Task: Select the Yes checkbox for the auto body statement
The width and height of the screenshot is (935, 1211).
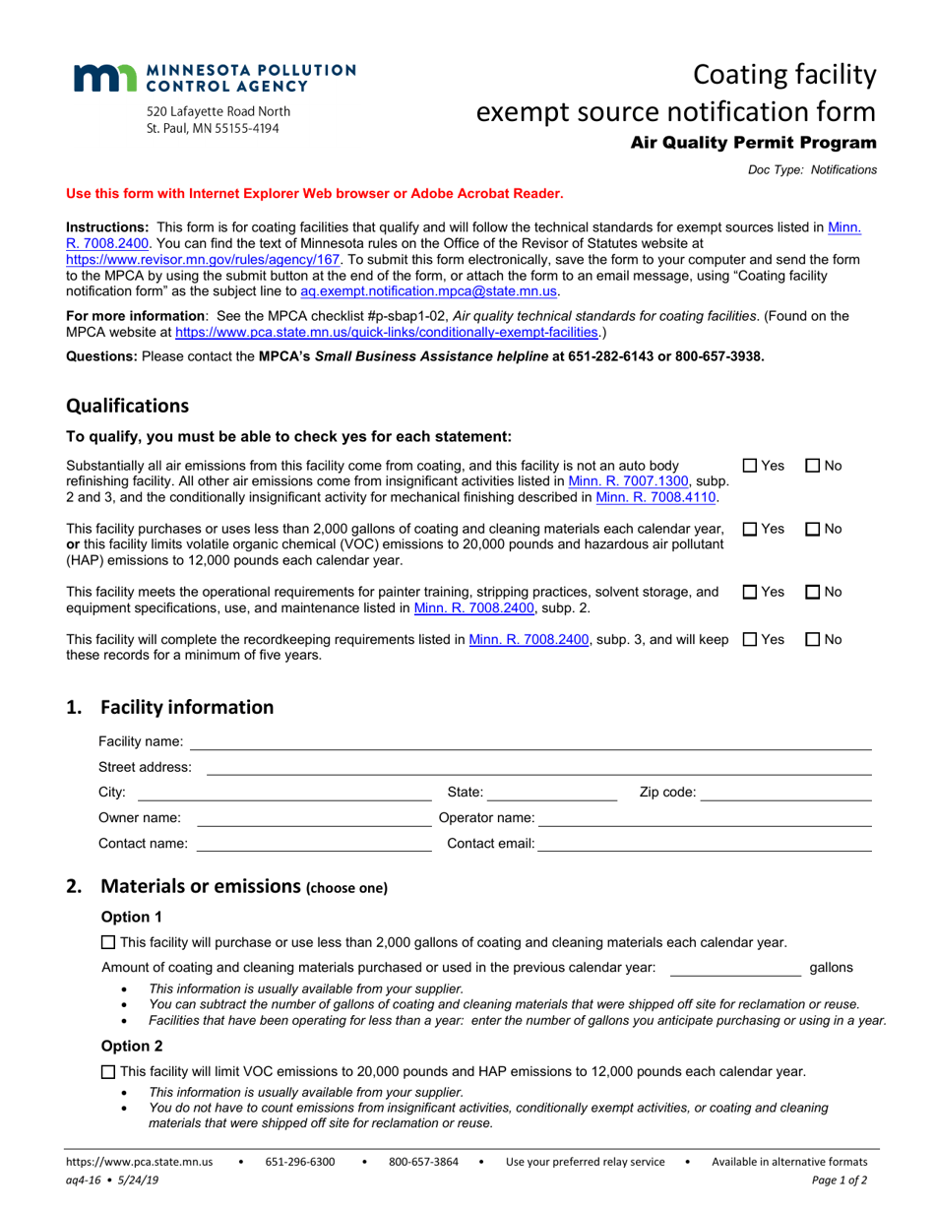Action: pyautogui.click(x=749, y=465)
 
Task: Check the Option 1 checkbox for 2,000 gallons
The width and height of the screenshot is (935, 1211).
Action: pyautogui.click(x=108, y=942)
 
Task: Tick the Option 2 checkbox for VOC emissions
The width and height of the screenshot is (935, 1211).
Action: pyautogui.click(x=108, y=1071)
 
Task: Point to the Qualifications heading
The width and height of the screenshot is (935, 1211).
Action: pyautogui.click(x=127, y=406)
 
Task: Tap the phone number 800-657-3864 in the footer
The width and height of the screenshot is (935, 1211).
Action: pyautogui.click(x=423, y=1162)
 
